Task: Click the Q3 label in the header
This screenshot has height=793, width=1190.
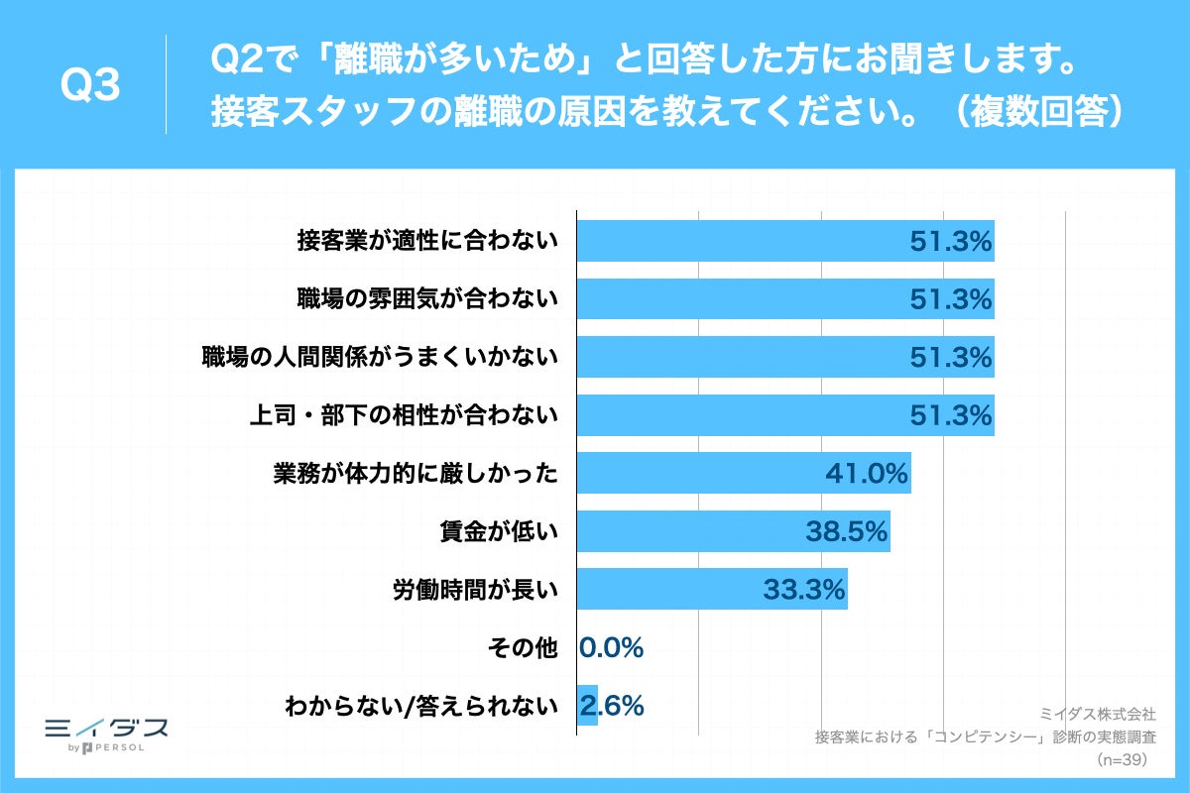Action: (x=90, y=87)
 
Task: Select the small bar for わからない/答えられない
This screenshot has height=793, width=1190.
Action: (x=586, y=705)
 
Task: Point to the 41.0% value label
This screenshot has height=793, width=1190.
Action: (x=867, y=475)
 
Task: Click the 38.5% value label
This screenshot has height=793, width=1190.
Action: (x=845, y=532)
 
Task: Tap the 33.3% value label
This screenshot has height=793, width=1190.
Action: (x=803, y=590)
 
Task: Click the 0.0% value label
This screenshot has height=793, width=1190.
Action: (x=611, y=648)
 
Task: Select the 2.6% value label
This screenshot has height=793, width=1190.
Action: (x=615, y=705)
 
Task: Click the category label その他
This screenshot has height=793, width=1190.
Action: (x=525, y=648)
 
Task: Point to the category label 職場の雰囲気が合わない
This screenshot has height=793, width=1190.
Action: (x=427, y=299)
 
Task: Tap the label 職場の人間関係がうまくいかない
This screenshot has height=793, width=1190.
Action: (x=380, y=358)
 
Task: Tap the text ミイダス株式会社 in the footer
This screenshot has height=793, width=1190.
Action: (x=1097, y=713)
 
